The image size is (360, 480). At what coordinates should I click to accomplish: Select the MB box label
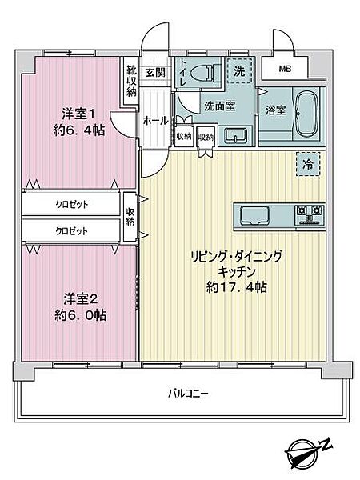285,69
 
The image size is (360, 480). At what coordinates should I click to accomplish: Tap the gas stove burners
308,214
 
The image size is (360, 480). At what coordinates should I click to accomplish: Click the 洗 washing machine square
238,70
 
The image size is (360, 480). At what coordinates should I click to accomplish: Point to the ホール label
155,120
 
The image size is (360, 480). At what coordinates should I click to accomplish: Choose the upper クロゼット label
71,204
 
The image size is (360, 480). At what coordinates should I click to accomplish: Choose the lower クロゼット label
71,230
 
